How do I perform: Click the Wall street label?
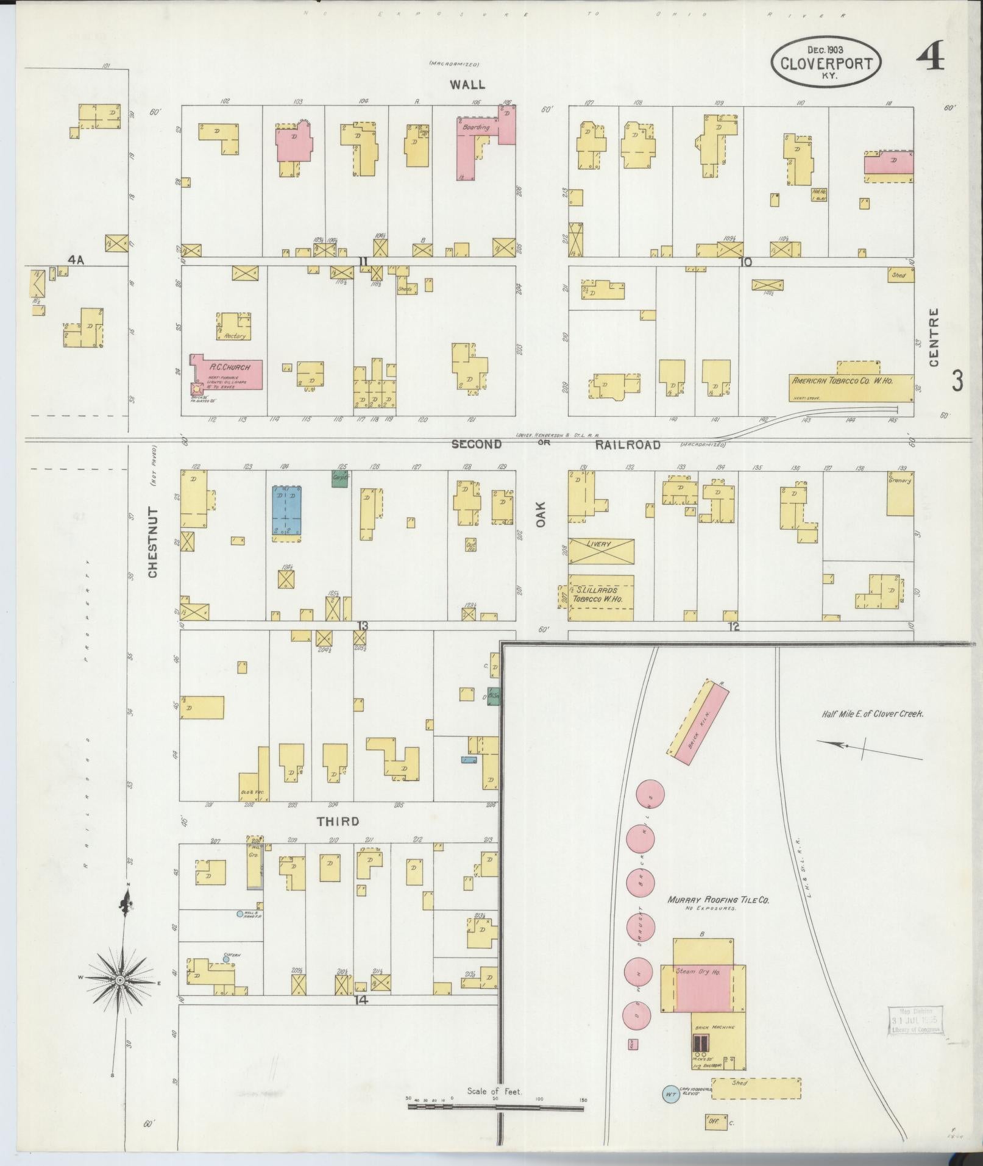click(467, 85)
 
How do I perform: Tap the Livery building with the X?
click(601, 551)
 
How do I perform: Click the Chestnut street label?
click(152, 542)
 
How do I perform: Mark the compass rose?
click(120, 979)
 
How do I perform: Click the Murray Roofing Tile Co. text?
click(718, 900)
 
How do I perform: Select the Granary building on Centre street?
click(900, 495)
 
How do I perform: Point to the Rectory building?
click(235, 327)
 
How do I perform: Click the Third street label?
click(338, 822)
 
